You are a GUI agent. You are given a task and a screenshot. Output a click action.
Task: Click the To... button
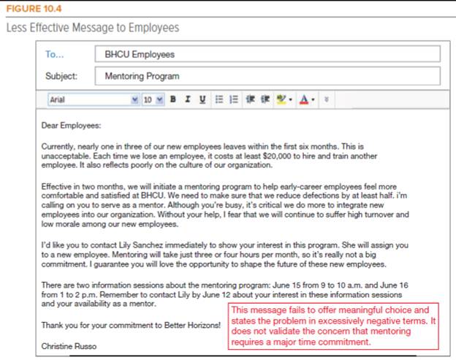tap(55, 54)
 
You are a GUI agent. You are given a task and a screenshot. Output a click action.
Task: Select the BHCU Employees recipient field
tap(267, 54)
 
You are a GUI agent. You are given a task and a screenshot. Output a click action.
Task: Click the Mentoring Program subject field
tap(267, 76)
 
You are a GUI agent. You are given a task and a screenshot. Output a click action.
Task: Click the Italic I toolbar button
tap(187, 99)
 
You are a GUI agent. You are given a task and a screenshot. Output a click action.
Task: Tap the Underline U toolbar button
tap(202, 99)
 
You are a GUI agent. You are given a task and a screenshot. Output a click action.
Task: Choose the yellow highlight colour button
tap(283, 99)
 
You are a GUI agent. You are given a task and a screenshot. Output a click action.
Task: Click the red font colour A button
tap(304, 99)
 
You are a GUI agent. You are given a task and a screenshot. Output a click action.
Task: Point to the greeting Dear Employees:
tap(71, 125)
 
